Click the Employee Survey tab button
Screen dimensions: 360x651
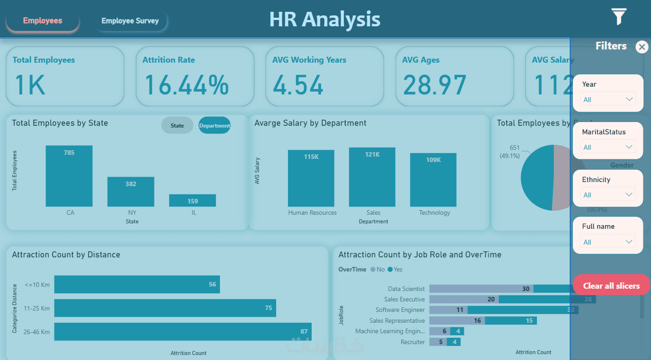[x=130, y=21]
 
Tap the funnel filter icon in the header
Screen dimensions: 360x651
[x=619, y=17]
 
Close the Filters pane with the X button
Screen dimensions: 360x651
[x=641, y=47]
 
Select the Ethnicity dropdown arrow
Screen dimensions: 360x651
[x=629, y=195]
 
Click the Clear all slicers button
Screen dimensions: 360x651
[x=611, y=286]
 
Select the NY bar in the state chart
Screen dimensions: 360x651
[x=131, y=192]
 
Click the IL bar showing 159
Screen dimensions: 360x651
[x=193, y=201]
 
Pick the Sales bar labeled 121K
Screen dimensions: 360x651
[x=372, y=177]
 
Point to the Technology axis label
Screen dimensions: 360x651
[x=434, y=212]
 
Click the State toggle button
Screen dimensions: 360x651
[x=177, y=125]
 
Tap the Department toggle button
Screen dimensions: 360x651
[x=214, y=125]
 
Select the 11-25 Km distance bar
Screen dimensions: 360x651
[x=165, y=308]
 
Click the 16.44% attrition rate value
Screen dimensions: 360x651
[x=187, y=85]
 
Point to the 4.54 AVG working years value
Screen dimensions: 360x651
[x=298, y=85]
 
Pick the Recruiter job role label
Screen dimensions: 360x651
[x=412, y=342]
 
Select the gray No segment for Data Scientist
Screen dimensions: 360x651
[x=481, y=289]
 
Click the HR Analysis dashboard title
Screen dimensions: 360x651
[x=325, y=20]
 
